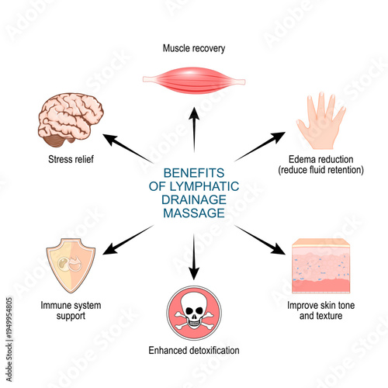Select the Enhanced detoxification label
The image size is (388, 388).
click(x=195, y=351)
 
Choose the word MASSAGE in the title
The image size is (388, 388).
click(x=193, y=212)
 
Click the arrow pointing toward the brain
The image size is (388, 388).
click(x=127, y=149)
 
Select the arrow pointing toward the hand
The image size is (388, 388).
click(x=259, y=147)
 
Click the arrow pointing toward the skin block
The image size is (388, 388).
click(x=261, y=241)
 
